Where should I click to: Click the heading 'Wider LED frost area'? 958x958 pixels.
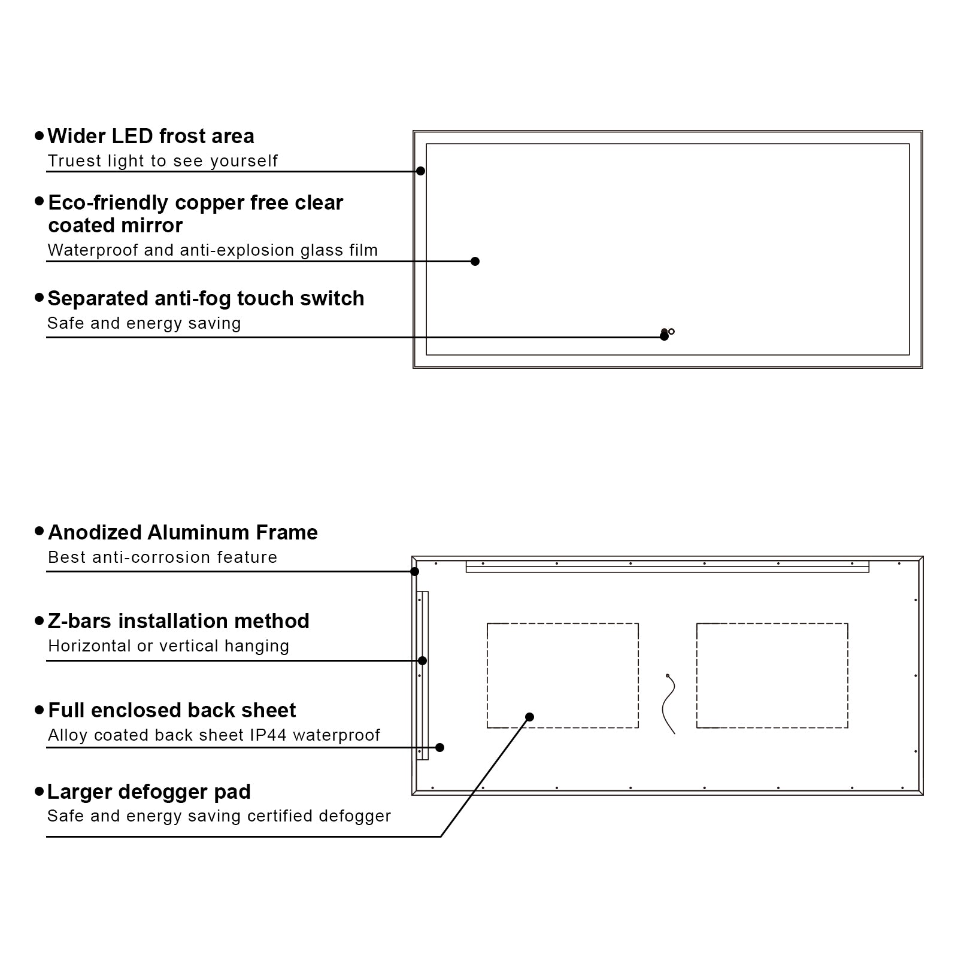click(x=151, y=137)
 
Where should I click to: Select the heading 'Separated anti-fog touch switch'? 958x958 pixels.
click(x=206, y=298)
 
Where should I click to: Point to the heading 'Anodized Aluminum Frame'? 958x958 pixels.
click(x=183, y=532)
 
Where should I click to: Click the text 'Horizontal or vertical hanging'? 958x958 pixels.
click(x=168, y=646)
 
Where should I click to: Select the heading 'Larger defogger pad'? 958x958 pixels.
click(x=149, y=792)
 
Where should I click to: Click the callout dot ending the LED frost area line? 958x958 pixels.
click(x=420, y=171)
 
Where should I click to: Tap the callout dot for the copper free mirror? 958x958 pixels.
click(x=475, y=261)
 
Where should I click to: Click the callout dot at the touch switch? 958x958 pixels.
click(x=664, y=336)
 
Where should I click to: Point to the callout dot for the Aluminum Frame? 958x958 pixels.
click(x=414, y=571)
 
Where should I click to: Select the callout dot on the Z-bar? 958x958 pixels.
click(x=422, y=661)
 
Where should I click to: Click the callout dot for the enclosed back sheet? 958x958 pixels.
click(x=439, y=747)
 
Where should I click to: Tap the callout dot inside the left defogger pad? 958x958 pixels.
click(x=529, y=717)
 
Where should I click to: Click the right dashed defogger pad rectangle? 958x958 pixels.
click(x=772, y=675)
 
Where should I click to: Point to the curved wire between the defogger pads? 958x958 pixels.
click(x=669, y=704)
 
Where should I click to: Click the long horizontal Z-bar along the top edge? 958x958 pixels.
click(x=667, y=567)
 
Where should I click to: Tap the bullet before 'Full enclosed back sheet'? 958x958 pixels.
click(x=40, y=710)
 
